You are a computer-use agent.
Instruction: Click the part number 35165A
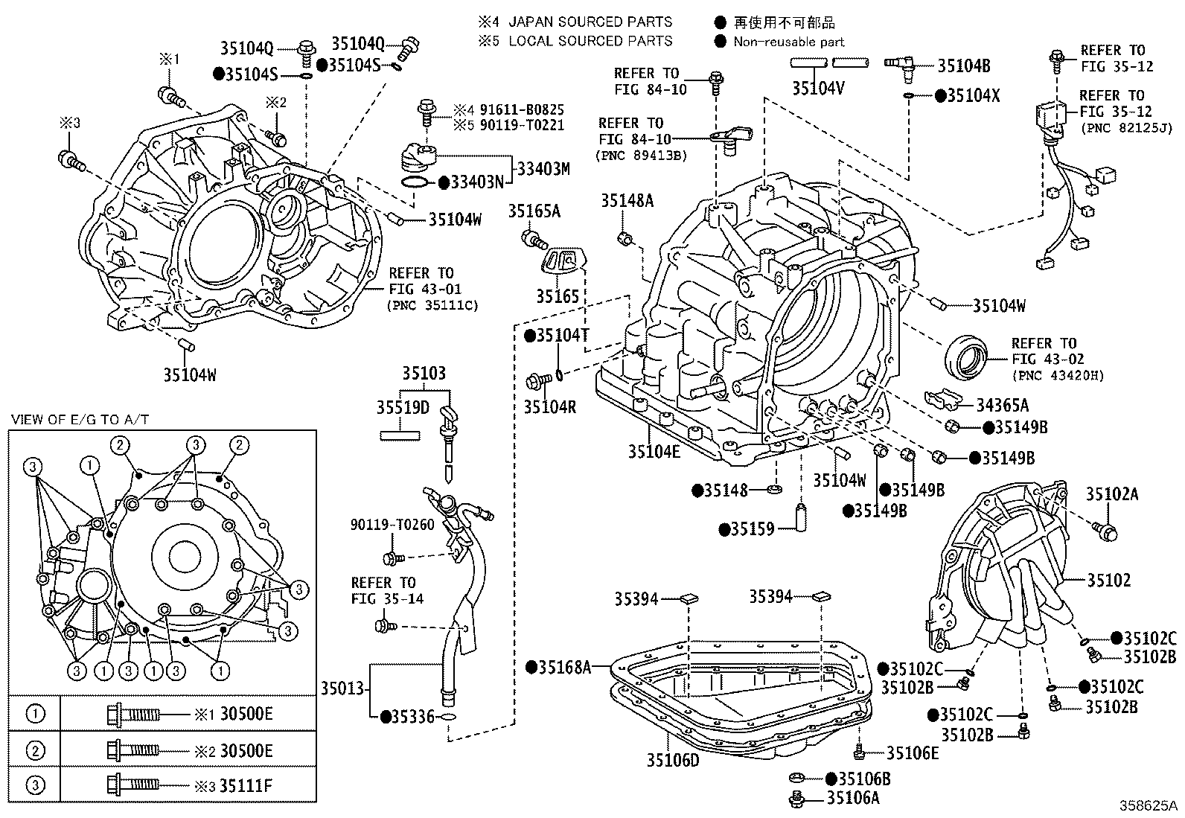534,211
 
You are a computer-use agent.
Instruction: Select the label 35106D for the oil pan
673,761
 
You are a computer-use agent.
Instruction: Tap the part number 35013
342,688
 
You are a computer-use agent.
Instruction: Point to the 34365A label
1003,406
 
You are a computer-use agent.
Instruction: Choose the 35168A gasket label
564,668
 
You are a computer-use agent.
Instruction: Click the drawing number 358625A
1148,805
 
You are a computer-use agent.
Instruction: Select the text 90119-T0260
392,525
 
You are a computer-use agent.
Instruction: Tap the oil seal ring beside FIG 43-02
966,357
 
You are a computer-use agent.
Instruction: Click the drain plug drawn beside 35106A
796,799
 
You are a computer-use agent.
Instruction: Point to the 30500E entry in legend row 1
246,714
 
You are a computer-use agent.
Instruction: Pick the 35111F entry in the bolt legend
246,786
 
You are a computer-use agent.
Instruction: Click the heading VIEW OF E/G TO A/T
80,420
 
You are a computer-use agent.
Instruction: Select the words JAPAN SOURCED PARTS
590,22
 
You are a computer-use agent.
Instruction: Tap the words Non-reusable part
789,42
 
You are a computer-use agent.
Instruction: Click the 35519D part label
403,407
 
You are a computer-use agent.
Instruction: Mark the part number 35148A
627,200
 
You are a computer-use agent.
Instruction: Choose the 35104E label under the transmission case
654,451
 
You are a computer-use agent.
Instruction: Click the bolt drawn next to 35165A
534,239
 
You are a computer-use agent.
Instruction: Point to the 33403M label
543,169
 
